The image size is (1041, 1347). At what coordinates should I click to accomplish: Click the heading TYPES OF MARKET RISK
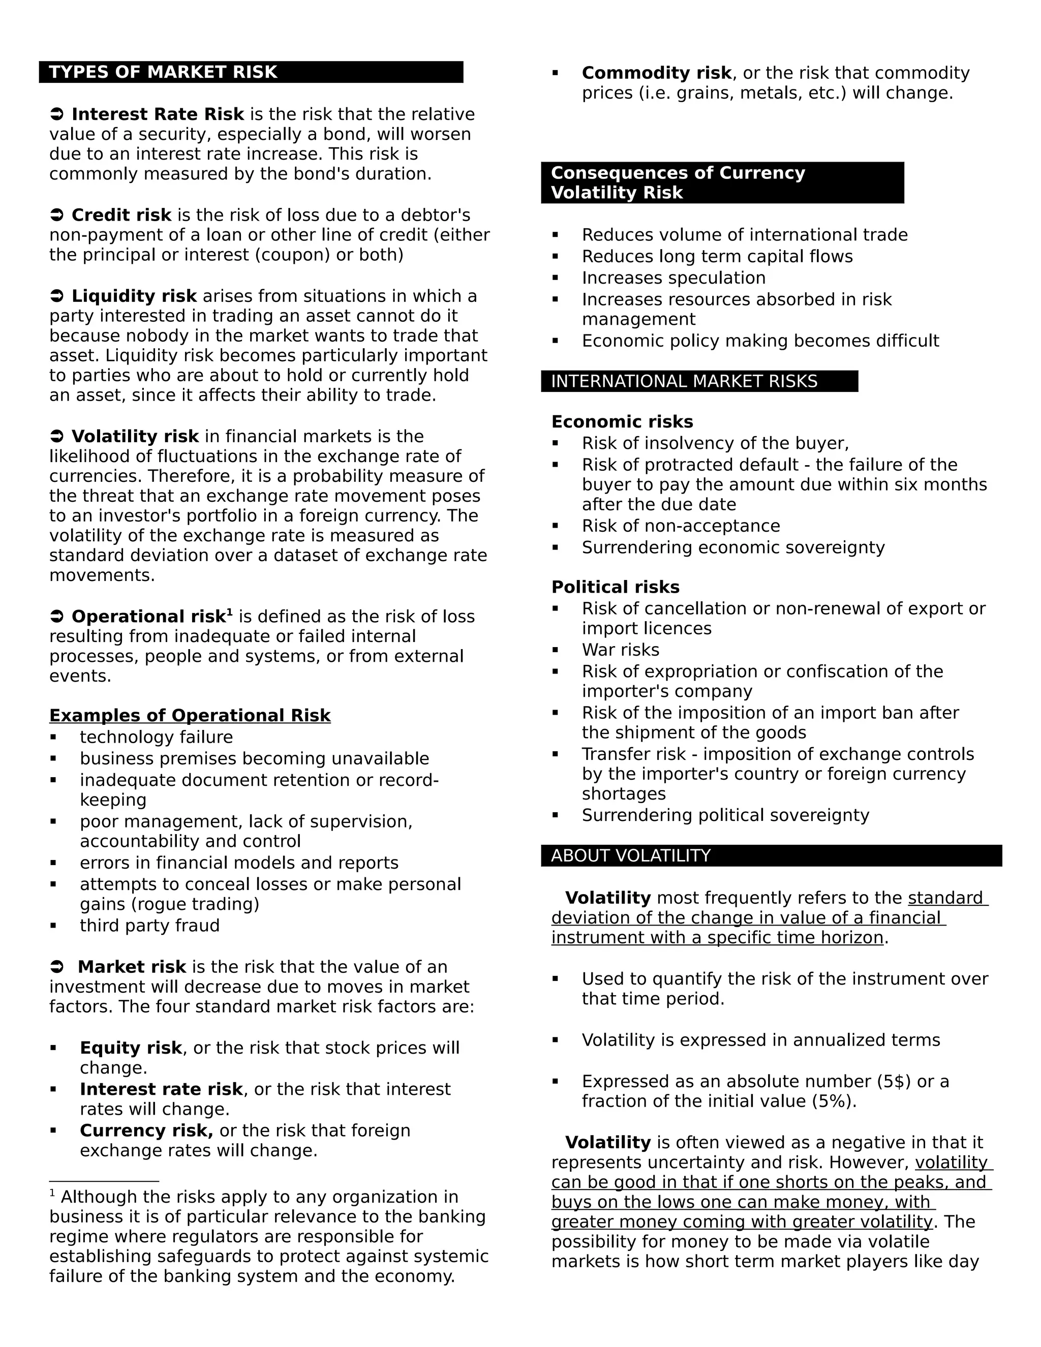pos(164,72)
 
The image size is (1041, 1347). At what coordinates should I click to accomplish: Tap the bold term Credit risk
pos(121,215)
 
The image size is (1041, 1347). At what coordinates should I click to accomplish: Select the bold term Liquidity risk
pos(134,297)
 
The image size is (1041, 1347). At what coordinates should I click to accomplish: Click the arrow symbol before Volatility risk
pos(57,437)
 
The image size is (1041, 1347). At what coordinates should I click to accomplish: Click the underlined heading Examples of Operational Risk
pos(190,716)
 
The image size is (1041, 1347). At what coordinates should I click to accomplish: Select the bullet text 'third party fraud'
pos(149,926)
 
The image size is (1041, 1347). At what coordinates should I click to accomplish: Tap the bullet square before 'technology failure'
pos(54,737)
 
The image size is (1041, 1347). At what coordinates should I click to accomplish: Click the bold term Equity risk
pos(131,1048)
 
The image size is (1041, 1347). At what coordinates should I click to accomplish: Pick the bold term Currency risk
pos(146,1130)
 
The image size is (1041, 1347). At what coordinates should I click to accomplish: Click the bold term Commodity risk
pos(656,73)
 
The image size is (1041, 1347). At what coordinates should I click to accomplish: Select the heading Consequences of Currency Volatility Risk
pos(679,182)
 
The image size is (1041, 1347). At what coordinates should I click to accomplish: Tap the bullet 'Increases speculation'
pos(673,278)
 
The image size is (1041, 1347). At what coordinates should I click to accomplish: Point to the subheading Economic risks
pos(622,422)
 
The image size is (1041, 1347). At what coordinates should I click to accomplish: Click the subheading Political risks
pos(615,587)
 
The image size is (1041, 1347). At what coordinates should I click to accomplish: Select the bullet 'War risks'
pos(621,650)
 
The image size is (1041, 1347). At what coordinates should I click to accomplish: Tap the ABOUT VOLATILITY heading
pos(631,855)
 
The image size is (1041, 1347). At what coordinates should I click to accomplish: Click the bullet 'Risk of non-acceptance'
pos(681,526)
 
